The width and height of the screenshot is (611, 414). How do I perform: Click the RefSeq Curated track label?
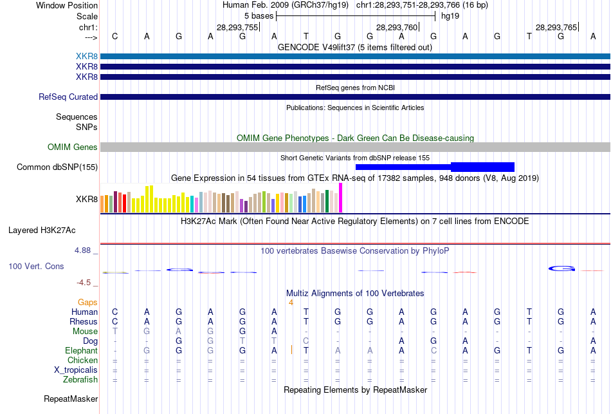click(x=68, y=97)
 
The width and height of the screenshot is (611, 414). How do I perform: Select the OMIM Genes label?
click(x=73, y=147)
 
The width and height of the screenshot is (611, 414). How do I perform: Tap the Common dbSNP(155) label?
click(x=57, y=167)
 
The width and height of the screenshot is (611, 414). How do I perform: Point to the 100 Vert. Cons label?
click(x=36, y=266)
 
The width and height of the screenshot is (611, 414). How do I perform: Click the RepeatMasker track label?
click(x=70, y=399)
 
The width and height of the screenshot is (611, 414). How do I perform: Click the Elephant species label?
click(x=81, y=351)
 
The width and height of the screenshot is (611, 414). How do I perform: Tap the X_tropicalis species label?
click(x=76, y=370)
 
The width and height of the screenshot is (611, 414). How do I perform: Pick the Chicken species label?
click(x=82, y=361)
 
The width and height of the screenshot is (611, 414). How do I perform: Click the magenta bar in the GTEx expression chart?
click(x=341, y=198)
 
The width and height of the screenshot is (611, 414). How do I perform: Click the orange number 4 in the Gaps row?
click(x=291, y=302)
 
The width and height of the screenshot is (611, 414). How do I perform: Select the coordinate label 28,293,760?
click(x=397, y=27)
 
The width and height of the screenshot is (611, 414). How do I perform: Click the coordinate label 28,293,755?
click(x=237, y=27)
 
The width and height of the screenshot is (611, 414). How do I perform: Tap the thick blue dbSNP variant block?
click(x=482, y=167)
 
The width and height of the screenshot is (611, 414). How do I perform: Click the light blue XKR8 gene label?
click(x=87, y=57)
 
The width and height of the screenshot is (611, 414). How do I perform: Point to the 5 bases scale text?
click(x=258, y=15)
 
